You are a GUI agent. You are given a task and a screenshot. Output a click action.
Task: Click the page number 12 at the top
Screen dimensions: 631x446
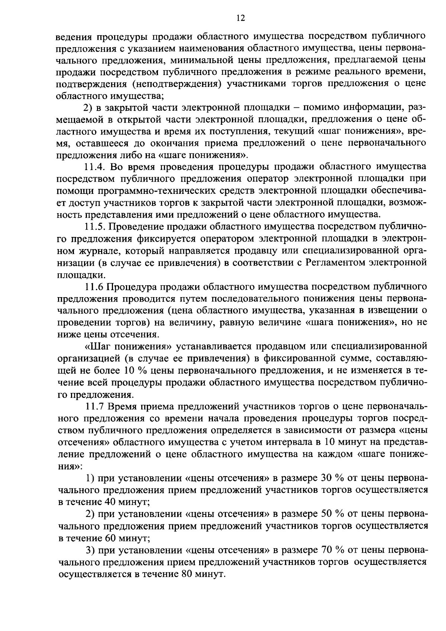coord(240,18)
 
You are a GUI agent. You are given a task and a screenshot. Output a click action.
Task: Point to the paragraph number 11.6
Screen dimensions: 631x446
coord(96,286)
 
